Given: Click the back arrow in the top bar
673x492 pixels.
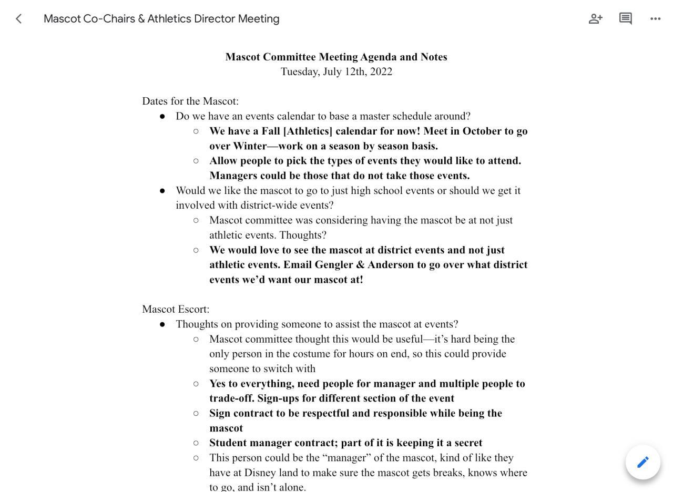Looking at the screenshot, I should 19,19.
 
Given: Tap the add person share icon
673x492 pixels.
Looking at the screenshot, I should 595,19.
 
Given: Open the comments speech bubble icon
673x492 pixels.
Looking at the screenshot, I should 625,19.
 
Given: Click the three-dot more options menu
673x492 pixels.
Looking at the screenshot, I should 655,19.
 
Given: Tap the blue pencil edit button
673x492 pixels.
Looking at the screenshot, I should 643,462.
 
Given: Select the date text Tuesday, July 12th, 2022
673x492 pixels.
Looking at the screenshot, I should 336,71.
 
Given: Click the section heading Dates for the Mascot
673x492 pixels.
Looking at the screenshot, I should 190,101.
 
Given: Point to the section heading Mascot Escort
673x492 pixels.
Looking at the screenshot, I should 175,309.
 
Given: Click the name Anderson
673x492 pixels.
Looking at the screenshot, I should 390,264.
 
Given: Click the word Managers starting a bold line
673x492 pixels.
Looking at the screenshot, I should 233,176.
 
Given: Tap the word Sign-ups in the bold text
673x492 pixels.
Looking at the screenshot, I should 278,398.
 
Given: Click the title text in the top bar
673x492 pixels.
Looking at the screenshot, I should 161,19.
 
